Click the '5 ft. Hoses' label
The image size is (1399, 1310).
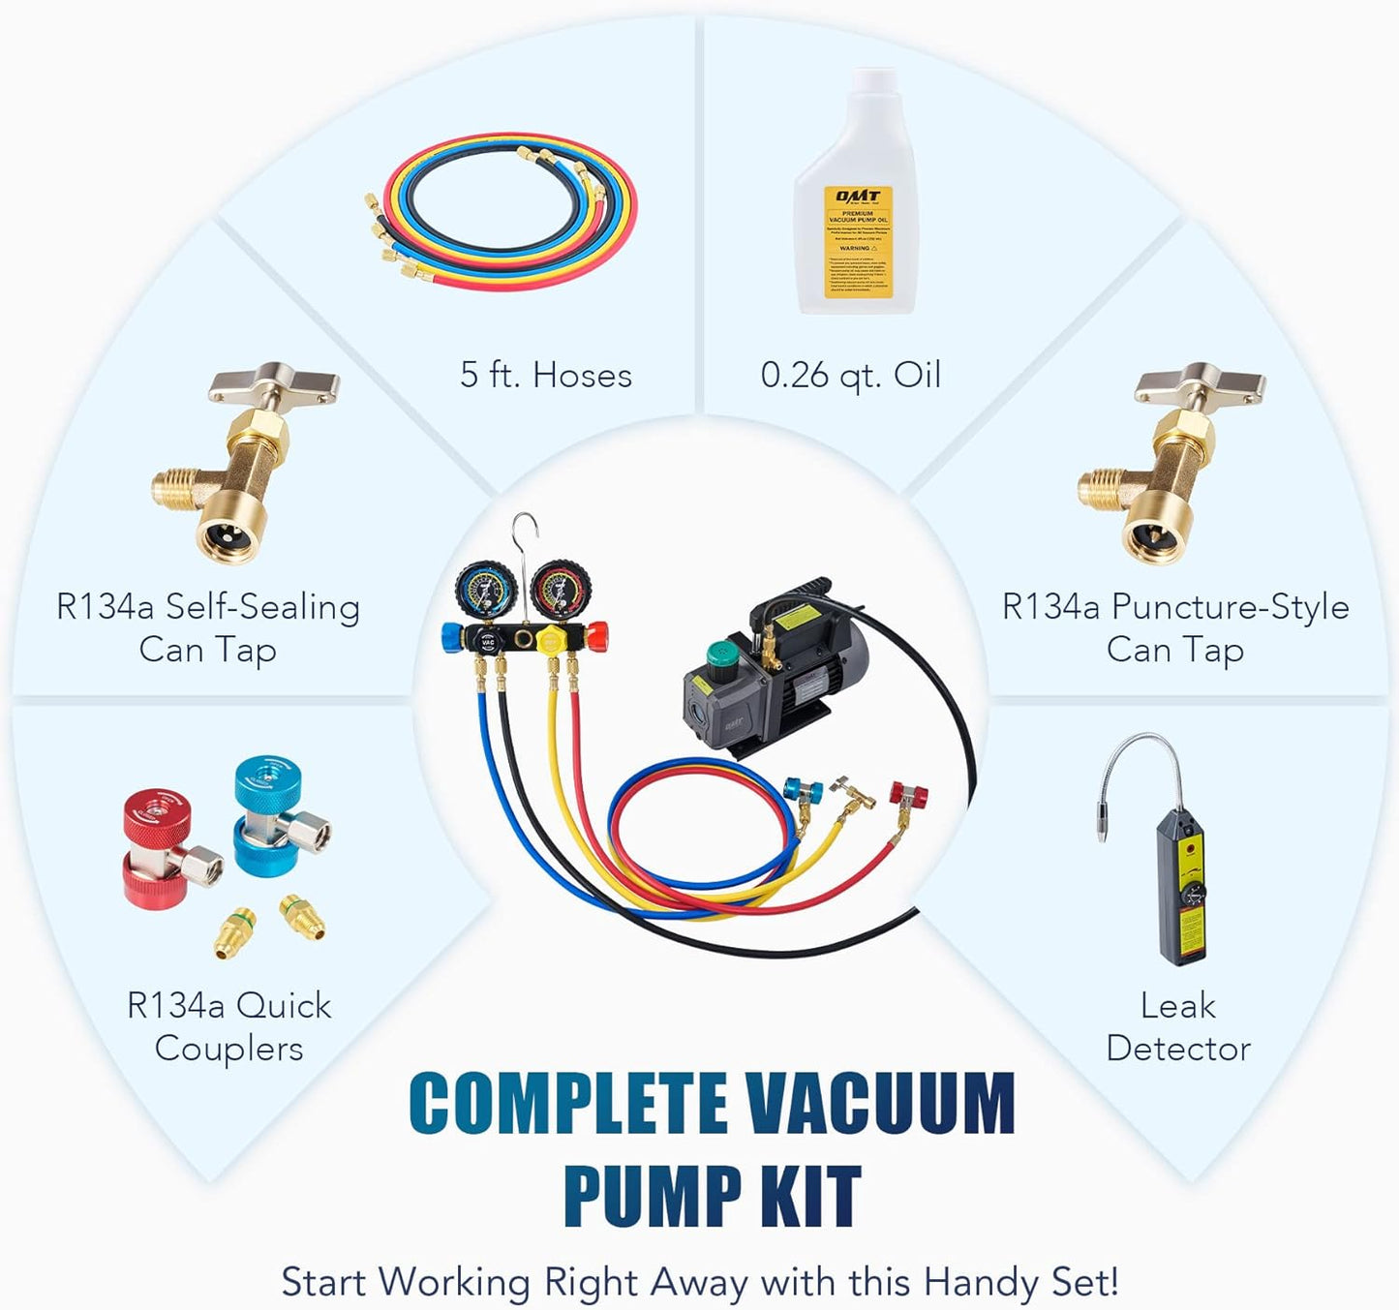[545, 375]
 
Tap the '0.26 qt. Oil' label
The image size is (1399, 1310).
[849, 375]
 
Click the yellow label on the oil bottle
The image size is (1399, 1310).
[857, 242]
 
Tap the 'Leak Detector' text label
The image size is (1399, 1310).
[1177, 1026]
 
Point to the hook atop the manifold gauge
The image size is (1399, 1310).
[526, 533]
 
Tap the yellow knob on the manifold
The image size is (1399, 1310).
[550, 640]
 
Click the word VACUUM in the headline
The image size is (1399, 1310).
[879, 1104]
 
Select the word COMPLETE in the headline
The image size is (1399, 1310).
[568, 1104]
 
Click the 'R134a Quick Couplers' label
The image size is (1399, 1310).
[228, 1026]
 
